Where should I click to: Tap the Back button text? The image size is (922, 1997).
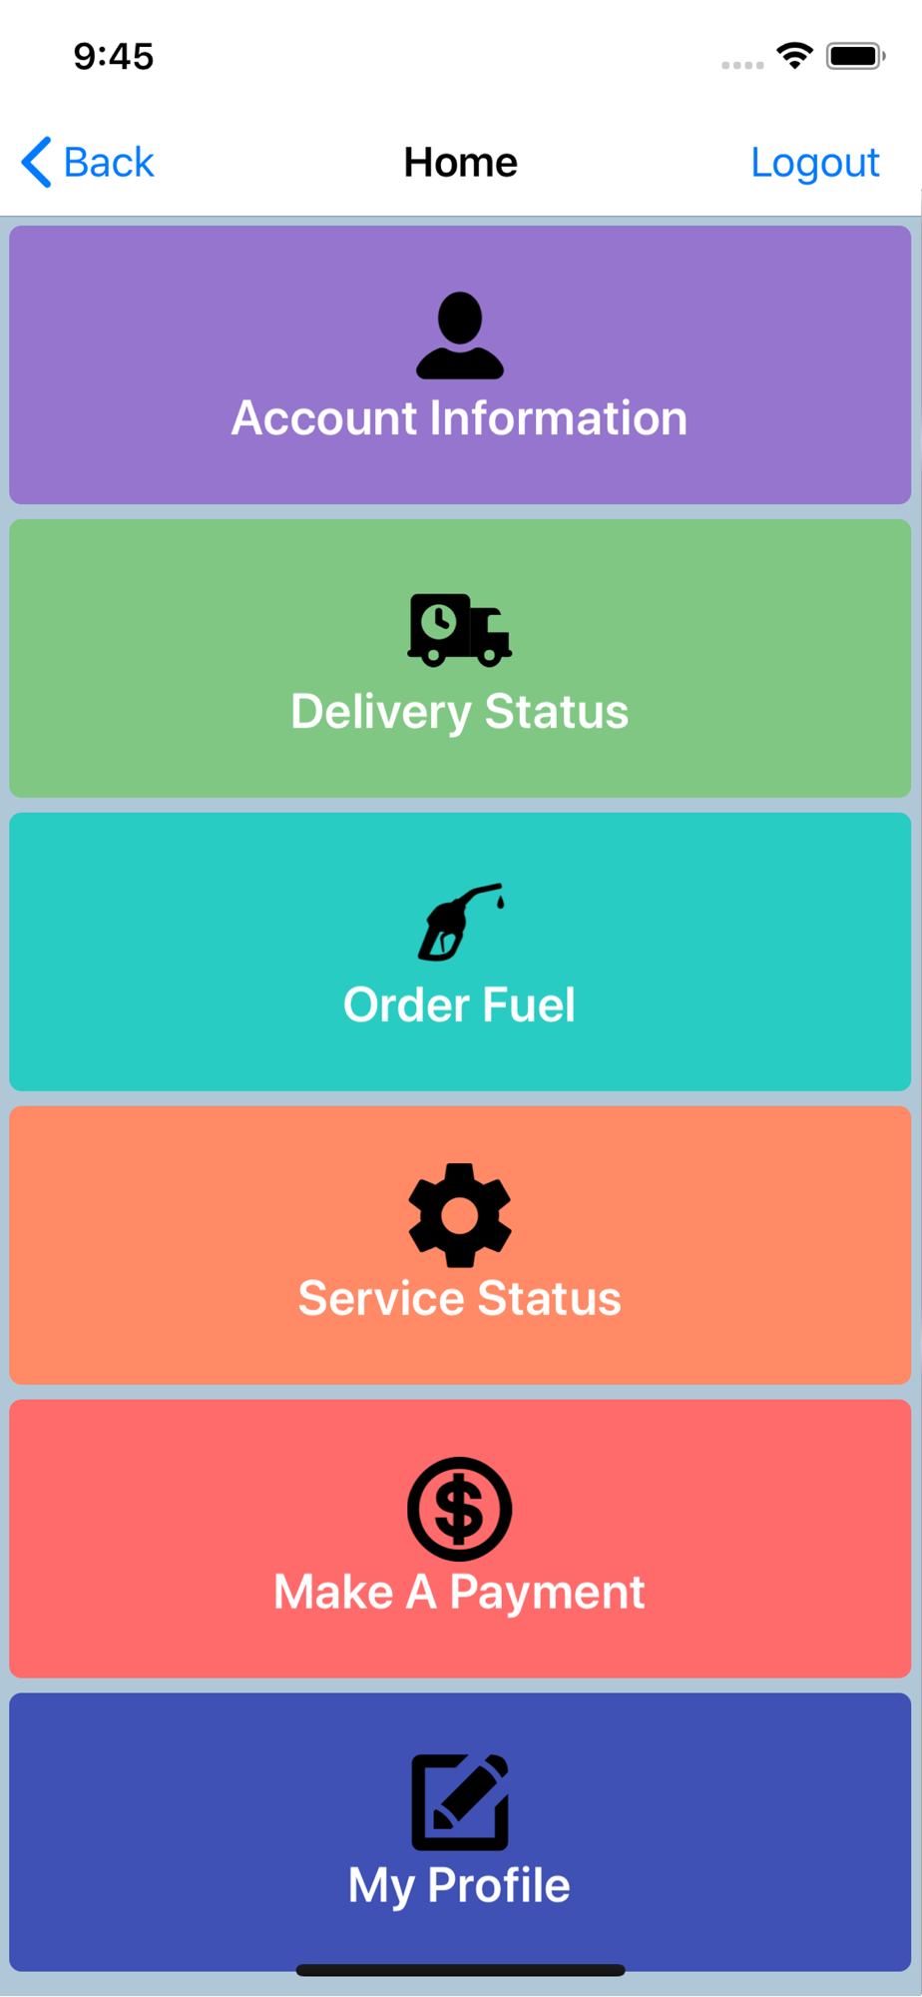(109, 162)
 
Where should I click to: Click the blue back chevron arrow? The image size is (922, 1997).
(36, 162)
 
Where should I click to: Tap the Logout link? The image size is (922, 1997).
(814, 163)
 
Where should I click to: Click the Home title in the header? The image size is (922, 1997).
(460, 162)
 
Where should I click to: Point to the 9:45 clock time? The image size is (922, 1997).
(114, 57)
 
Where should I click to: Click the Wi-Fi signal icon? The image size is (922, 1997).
(795, 56)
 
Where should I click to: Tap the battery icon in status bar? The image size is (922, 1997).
(855, 56)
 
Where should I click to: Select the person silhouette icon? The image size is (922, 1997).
(460, 335)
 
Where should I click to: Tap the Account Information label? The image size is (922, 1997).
(460, 418)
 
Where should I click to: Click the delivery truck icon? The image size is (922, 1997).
(460, 630)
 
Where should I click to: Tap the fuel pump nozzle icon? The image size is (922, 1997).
(461, 923)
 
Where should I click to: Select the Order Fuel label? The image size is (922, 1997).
(460, 1005)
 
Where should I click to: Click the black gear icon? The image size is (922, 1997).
(460, 1215)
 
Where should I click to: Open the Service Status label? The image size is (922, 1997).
(460, 1299)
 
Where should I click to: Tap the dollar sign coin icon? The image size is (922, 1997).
(460, 1509)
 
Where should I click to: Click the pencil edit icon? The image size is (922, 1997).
(460, 1802)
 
